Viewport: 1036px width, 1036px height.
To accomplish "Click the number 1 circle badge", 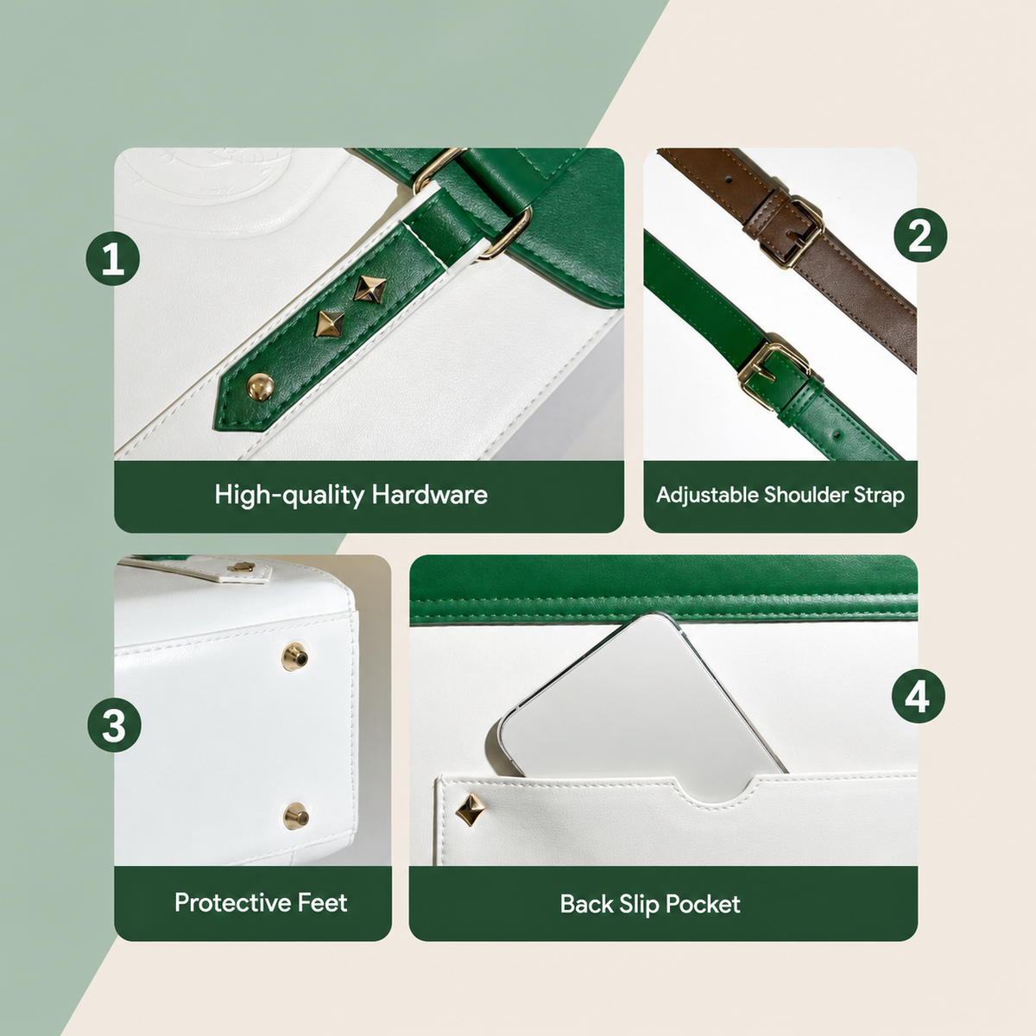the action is coord(113,259).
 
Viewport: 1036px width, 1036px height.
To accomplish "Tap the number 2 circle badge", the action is coord(920,236).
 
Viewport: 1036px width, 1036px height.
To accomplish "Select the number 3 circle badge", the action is coord(115,725).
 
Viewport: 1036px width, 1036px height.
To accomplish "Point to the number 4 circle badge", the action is coord(919,696).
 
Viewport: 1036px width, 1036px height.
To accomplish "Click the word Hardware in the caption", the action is coord(429,495).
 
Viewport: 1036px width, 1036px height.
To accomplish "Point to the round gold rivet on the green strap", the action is coord(260,387).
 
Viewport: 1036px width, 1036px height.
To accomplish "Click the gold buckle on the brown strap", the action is coord(791,232).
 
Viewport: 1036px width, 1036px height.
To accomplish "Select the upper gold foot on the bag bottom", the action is coord(295,656).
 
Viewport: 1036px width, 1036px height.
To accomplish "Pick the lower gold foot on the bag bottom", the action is coord(296,815).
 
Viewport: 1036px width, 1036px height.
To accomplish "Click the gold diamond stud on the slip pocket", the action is coord(470,809).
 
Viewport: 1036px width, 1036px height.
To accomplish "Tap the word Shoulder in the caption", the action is coord(805,496).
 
